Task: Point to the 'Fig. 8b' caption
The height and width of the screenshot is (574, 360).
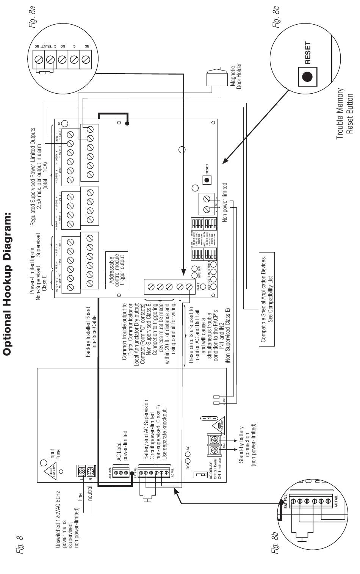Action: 275,544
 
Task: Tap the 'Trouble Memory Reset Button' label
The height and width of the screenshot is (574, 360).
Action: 344,114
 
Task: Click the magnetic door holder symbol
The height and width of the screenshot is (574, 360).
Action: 215,78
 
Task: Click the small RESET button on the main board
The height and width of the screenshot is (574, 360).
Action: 207,179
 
